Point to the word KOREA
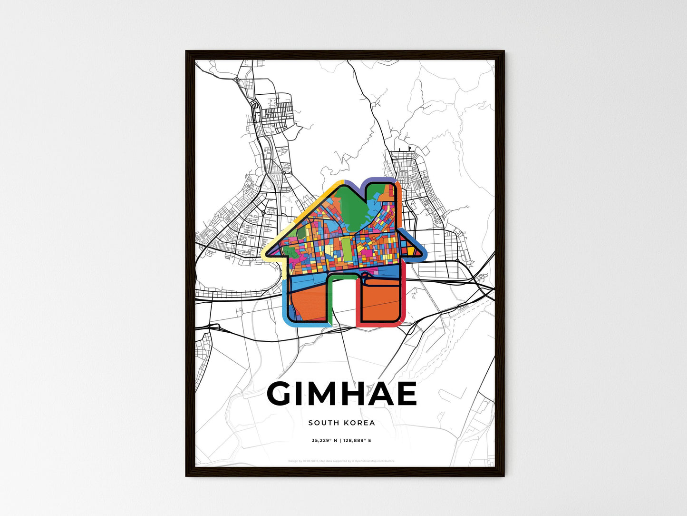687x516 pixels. point(359,423)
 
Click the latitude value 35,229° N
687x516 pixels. point(324,441)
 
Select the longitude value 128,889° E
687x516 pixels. point(358,441)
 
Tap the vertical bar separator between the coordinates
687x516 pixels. point(340,441)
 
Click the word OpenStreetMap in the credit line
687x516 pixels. point(368,461)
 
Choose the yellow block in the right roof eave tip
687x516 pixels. point(410,250)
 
